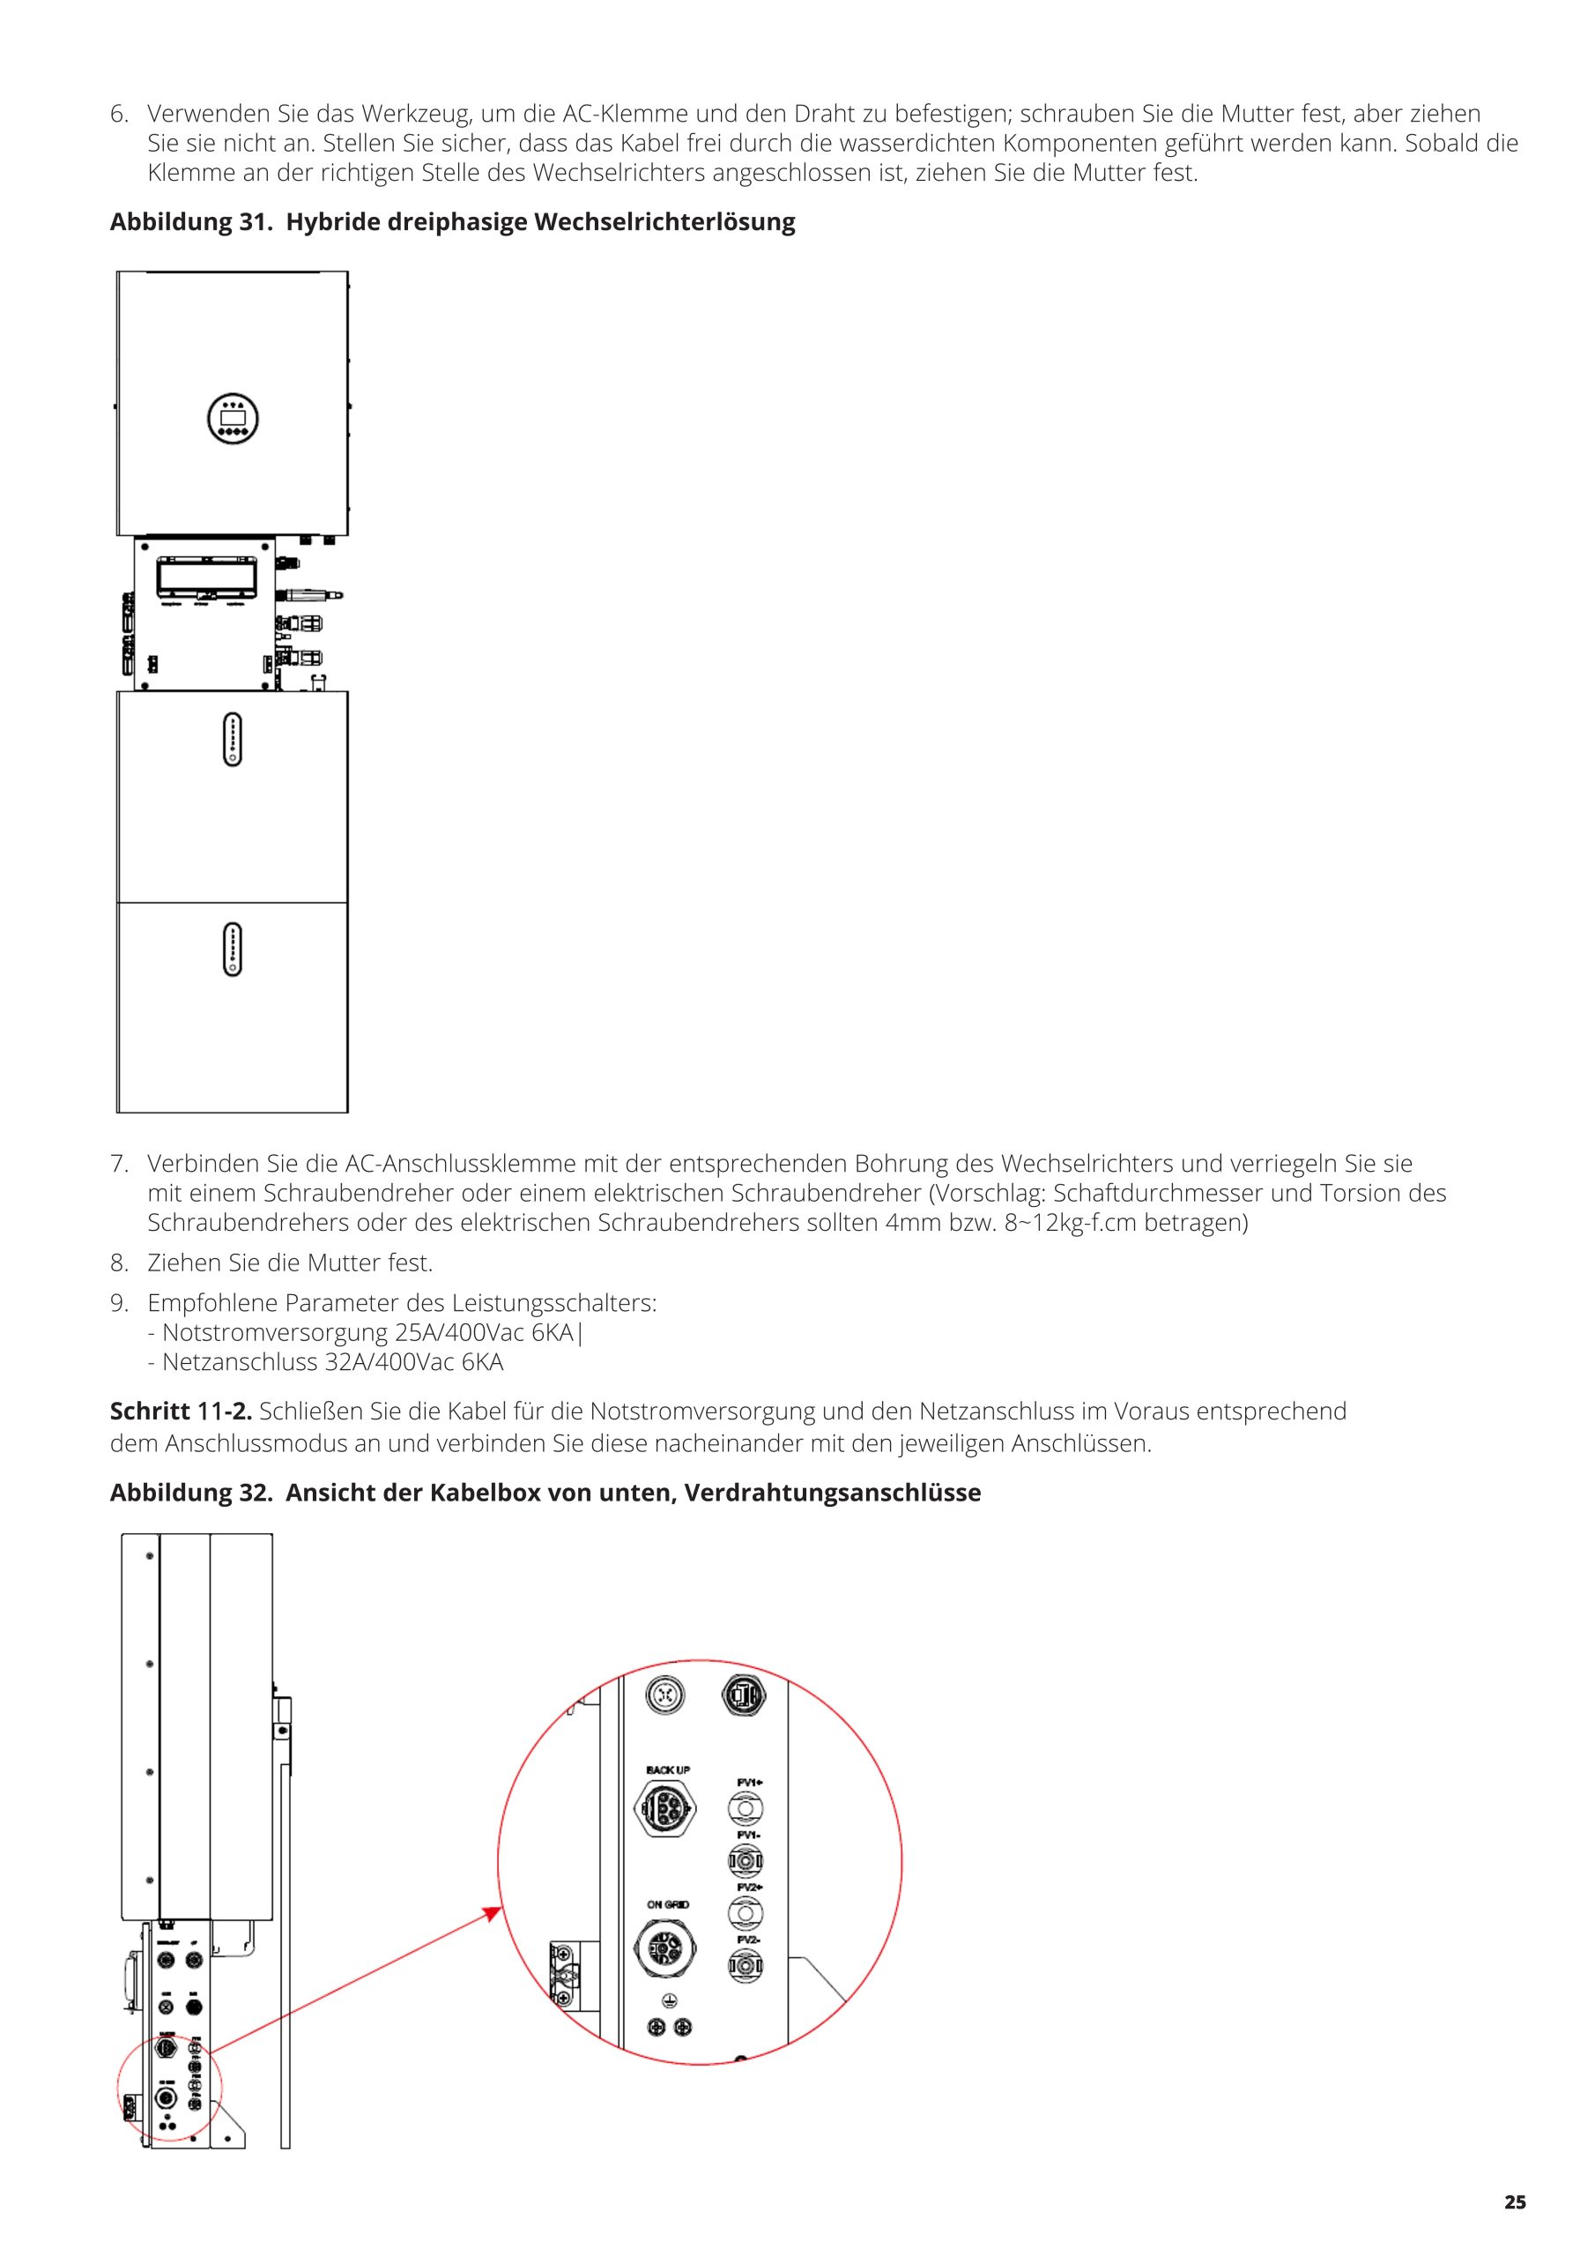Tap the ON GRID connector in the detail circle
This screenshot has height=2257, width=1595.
click(667, 1946)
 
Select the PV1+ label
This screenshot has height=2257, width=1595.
click(750, 1782)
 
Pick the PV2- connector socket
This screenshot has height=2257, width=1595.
click(746, 1966)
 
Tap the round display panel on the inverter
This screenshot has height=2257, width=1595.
click(233, 419)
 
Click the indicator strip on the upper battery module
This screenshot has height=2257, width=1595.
click(233, 739)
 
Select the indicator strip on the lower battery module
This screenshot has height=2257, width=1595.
click(233, 949)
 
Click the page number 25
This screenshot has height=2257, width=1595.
click(1515, 2202)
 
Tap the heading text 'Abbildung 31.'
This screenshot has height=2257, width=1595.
click(190, 222)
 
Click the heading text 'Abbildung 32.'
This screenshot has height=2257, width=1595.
click(190, 1493)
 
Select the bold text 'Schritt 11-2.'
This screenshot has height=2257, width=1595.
click(181, 1412)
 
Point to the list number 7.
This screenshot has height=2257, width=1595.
click(119, 1164)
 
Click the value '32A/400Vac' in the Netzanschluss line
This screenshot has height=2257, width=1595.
click(389, 1362)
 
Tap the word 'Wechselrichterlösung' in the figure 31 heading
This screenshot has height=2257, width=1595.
click(664, 222)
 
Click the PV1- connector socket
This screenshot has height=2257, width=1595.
click(746, 1860)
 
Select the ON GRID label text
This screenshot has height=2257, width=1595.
click(667, 1905)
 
